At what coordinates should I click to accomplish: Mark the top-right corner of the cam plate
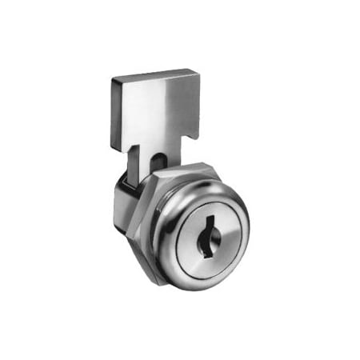(x=198, y=71)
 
